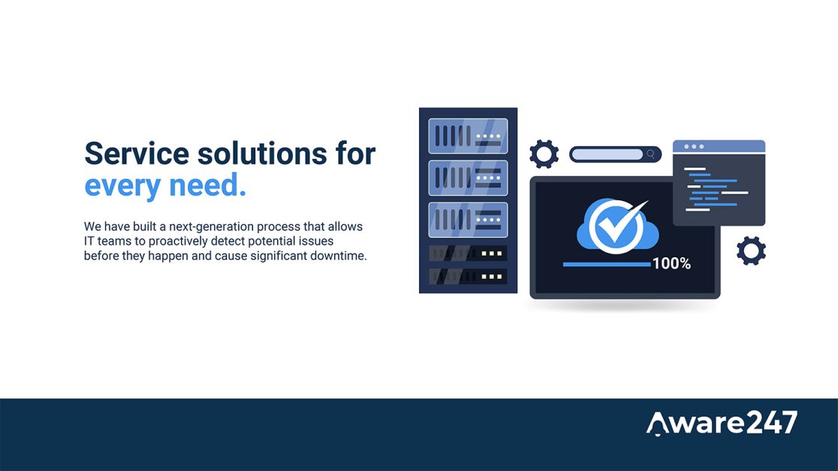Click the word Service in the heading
[x=137, y=154]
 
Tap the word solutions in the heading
[x=262, y=154]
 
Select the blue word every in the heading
[x=122, y=186]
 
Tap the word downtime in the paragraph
[x=340, y=256]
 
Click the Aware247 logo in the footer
[x=722, y=423]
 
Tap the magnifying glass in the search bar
[x=650, y=154]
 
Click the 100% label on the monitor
[x=671, y=263]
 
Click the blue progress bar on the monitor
[x=607, y=264]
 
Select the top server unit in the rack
[x=468, y=136]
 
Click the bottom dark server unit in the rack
[x=468, y=277]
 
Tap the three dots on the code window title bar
[x=695, y=146]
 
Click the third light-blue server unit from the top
[x=468, y=220]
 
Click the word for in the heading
[x=355, y=154]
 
